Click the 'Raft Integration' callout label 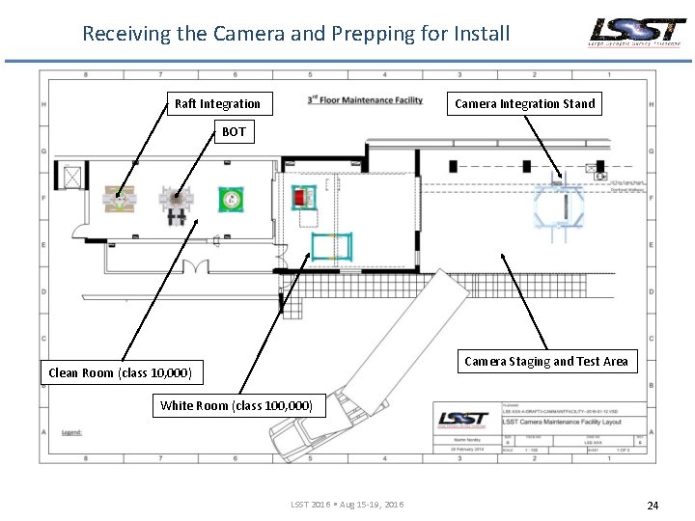point(217,103)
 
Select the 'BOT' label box point(234,131)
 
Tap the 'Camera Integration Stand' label point(524,103)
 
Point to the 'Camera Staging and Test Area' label point(545,362)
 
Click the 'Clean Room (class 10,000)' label point(121,372)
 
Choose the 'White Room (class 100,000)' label point(236,405)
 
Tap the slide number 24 point(653,505)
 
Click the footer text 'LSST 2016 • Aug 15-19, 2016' point(347,505)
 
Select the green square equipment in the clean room point(230,199)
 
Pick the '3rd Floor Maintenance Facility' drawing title point(365,99)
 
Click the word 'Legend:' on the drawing point(71,432)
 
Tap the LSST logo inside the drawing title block point(464,418)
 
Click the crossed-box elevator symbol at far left point(71,177)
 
